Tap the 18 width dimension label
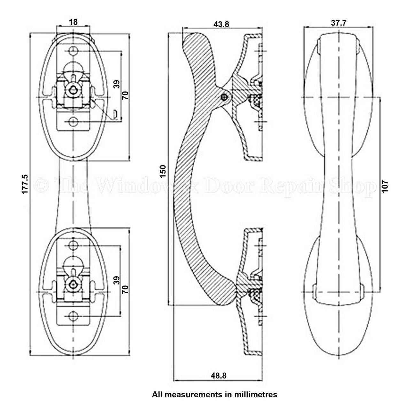point(73,22)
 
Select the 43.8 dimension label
point(221,24)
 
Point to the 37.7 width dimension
point(338,23)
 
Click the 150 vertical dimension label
point(163,171)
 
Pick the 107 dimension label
point(385,186)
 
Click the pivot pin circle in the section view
point(224,97)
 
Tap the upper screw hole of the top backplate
point(73,50)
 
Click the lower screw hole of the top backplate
point(73,122)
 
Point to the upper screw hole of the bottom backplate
point(73,245)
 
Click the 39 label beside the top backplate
point(117,84)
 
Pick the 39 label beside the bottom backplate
point(117,280)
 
